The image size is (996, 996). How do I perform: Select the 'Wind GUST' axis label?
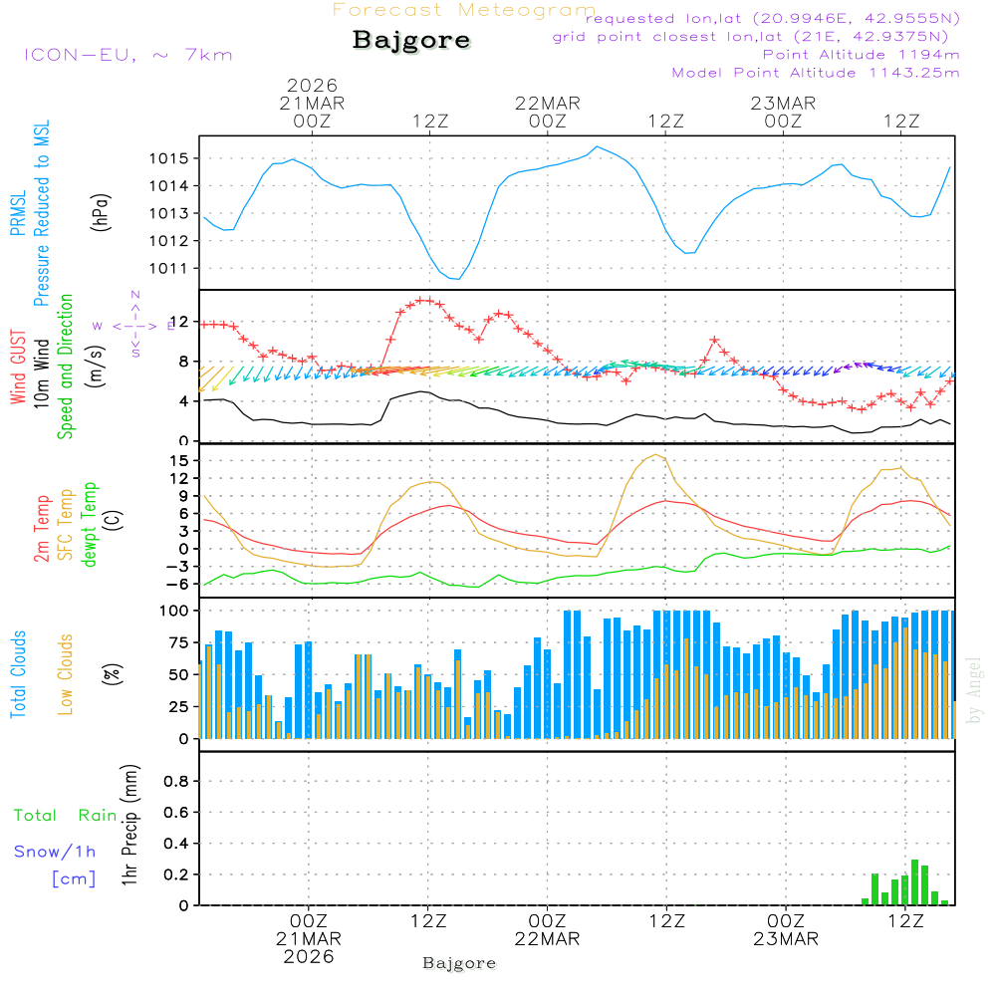(18, 368)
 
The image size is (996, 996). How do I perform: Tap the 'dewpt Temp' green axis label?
(90, 526)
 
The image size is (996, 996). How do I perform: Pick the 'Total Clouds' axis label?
(18, 674)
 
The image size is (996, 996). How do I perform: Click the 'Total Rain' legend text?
(66, 816)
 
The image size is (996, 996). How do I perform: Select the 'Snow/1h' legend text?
(55, 852)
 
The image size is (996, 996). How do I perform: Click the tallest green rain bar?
(914, 882)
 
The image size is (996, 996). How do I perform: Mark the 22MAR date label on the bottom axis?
(547, 939)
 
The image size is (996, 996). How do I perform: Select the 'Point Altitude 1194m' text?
(861, 55)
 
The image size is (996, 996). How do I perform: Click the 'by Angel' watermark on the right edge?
(974, 690)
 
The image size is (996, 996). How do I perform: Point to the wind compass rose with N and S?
(134, 325)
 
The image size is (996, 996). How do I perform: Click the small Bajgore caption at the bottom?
(459, 963)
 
